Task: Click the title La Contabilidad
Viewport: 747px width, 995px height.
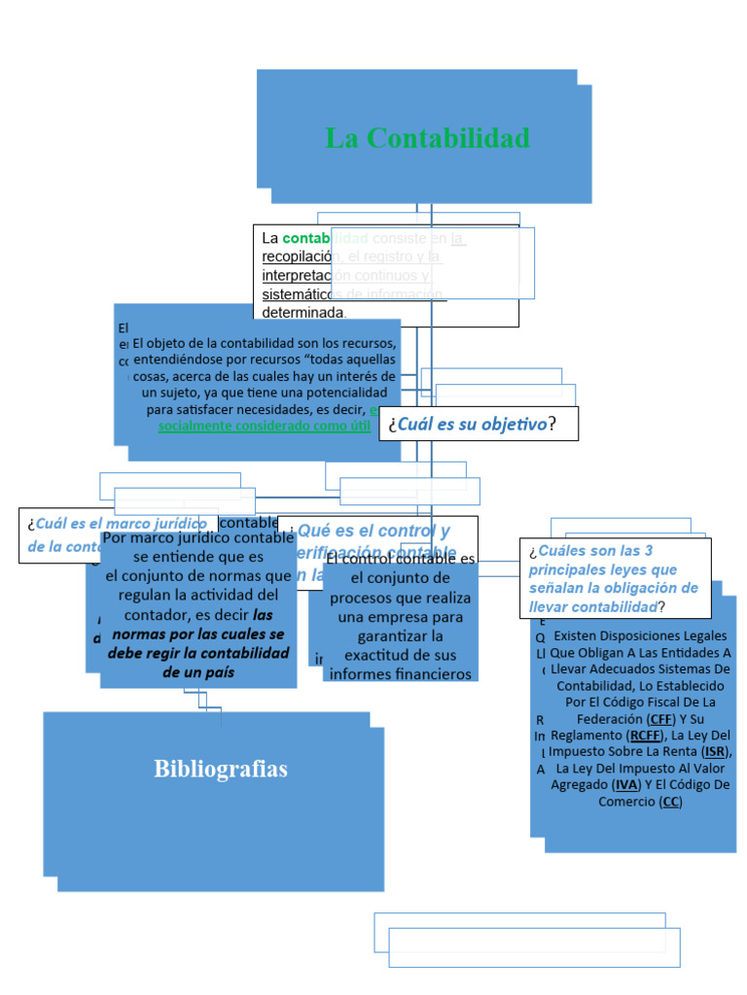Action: tap(427, 138)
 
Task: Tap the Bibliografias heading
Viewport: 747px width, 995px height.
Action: tap(221, 770)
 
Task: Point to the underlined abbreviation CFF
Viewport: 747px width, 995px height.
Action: tap(664, 718)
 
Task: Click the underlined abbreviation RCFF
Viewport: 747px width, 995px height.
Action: tap(644, 735)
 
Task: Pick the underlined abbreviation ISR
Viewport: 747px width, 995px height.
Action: tap(714, 751)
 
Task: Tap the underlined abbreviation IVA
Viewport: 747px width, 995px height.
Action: tap(626, 784)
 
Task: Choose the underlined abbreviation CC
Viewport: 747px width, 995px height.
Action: tap(670, 802)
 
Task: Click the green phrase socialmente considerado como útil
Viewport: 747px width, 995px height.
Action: tap(264, 425)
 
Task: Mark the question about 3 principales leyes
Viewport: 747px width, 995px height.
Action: tap(614, 578)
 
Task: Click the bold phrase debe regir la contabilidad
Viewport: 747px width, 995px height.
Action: tap(198, 653)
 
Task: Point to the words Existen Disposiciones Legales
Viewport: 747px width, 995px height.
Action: tap(640, 635)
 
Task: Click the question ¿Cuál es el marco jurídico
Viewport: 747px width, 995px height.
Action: tap(117, 524)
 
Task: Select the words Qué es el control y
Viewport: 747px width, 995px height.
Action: tap(373, 532)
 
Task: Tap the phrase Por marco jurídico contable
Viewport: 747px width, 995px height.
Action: tap(197, 538)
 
